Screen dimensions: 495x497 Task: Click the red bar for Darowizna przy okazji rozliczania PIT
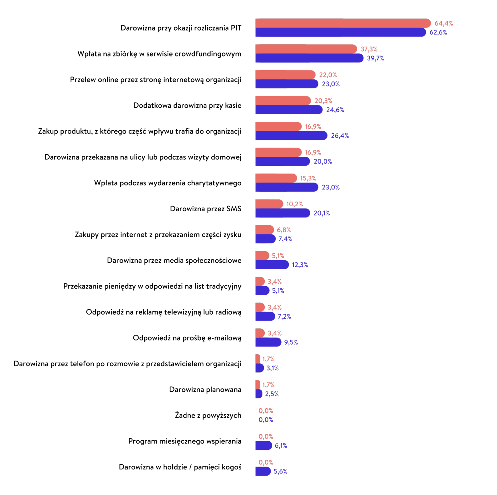[x=343, y=23]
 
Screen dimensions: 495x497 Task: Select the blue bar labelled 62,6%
[x=340, y=32]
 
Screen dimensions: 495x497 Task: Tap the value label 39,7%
[x=375, y=58]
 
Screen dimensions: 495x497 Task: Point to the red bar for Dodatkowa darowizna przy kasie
[x=283, y=100]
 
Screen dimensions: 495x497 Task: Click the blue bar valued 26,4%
[x=291, y=135]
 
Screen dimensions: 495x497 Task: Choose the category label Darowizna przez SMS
[x=205, y=209]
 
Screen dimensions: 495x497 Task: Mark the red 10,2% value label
[x=294, y=204]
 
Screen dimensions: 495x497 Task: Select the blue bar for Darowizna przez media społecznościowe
[x=272, y=265]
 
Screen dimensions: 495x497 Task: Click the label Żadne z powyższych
[x=208, y=415]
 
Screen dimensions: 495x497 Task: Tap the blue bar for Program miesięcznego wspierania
[x=263, y=445]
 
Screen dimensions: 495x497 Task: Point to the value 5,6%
[x=280, y=471]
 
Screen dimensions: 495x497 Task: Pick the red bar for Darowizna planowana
[x=258, y=385]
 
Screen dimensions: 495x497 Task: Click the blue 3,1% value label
[x=272, y=368]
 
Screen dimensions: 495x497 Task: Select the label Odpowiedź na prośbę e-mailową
[x=187, y=338]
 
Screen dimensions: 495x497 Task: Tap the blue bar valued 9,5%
[x=268, y=342]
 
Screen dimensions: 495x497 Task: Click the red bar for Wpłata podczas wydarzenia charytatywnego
[x=276, y=178]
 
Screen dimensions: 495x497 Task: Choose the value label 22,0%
[x=328, y=75]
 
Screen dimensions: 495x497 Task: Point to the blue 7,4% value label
[x=285, y=239]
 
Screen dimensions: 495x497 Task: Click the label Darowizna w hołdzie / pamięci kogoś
[x=180, y=467]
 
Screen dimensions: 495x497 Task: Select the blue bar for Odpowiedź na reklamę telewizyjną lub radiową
[x=265, y=316]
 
